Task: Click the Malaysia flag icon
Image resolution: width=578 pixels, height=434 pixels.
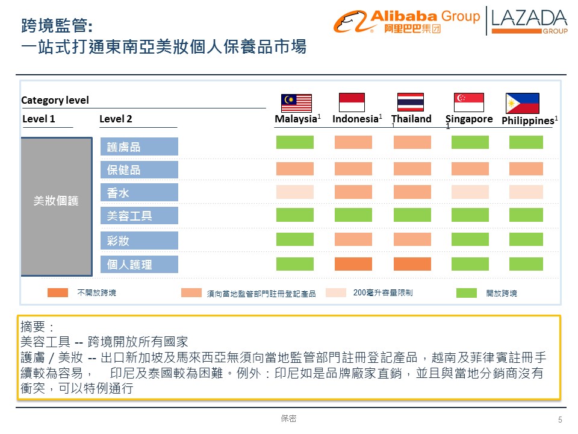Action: tap(296, 103)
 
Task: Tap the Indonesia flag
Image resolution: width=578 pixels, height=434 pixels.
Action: tap(352, 102)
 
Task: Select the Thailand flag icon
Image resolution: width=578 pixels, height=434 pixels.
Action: tap(411, 102)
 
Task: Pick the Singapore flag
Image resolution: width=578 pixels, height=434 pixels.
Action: tap(469, 102)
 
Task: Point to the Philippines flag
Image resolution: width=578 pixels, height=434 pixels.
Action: tap(522, 103)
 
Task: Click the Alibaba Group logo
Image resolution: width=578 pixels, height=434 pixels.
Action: tap(407, 21)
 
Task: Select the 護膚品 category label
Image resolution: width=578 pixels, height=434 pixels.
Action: tap(139, 146)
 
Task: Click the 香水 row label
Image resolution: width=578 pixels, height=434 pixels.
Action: tap(139, 192)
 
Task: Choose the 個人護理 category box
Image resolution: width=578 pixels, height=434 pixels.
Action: tap(139, 264)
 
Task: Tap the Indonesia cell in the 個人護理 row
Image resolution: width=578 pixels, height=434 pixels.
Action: tap(353, 264)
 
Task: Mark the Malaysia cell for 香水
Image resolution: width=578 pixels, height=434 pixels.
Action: tap(295, 192)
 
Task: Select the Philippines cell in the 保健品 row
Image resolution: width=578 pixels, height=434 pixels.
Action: tap(526, 169)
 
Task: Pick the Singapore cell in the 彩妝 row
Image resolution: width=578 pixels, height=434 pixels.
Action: tap(470, 239)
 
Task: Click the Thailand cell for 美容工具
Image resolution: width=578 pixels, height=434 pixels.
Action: tap(412, 215)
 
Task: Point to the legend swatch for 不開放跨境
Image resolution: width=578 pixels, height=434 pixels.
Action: tap(58, 292)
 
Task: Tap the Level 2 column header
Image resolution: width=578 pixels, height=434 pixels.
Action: tap(116, 119)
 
